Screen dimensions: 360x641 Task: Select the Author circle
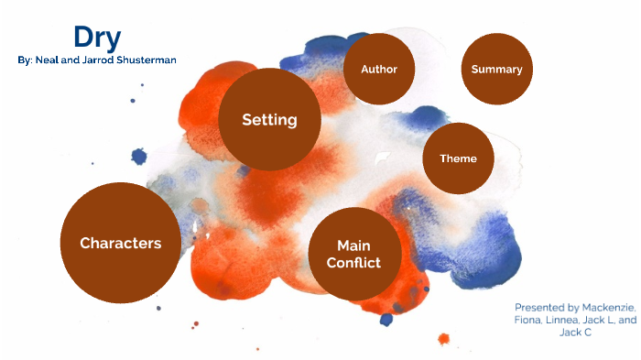pos(379,70)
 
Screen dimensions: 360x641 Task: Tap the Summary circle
pos(496,70)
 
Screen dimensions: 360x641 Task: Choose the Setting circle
pos(269,120)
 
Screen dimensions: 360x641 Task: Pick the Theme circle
pos(458,158)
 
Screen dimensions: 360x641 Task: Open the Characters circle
pos(120,243)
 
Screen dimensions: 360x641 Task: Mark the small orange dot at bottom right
pos(444,338)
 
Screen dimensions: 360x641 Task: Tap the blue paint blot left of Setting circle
pos(139,157)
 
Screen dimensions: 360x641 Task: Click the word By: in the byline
pos(25,60)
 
